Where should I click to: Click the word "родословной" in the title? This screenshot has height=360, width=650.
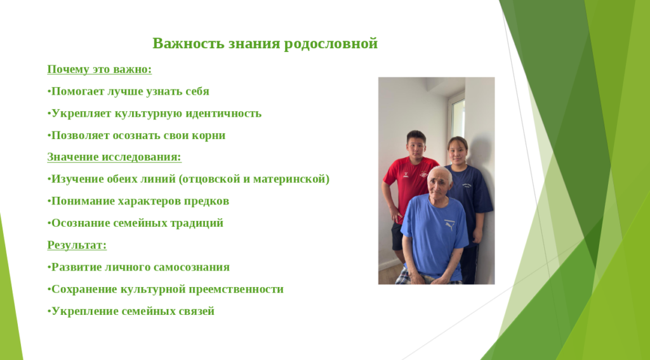pos(331,44)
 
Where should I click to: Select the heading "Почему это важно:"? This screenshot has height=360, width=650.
pos(100,69)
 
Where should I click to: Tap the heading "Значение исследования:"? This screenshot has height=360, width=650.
pos(114,157)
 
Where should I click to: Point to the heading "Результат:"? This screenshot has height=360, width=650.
pos(77,245)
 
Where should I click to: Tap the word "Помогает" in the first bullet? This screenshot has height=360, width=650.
pos(77,91)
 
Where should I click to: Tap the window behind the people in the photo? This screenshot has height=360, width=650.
pos(458,118)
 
